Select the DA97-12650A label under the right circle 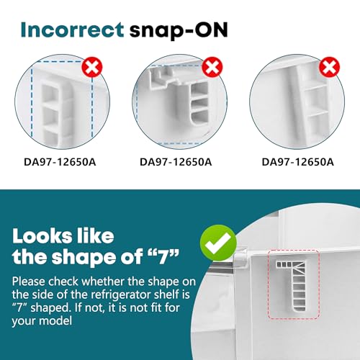pos(297,162)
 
